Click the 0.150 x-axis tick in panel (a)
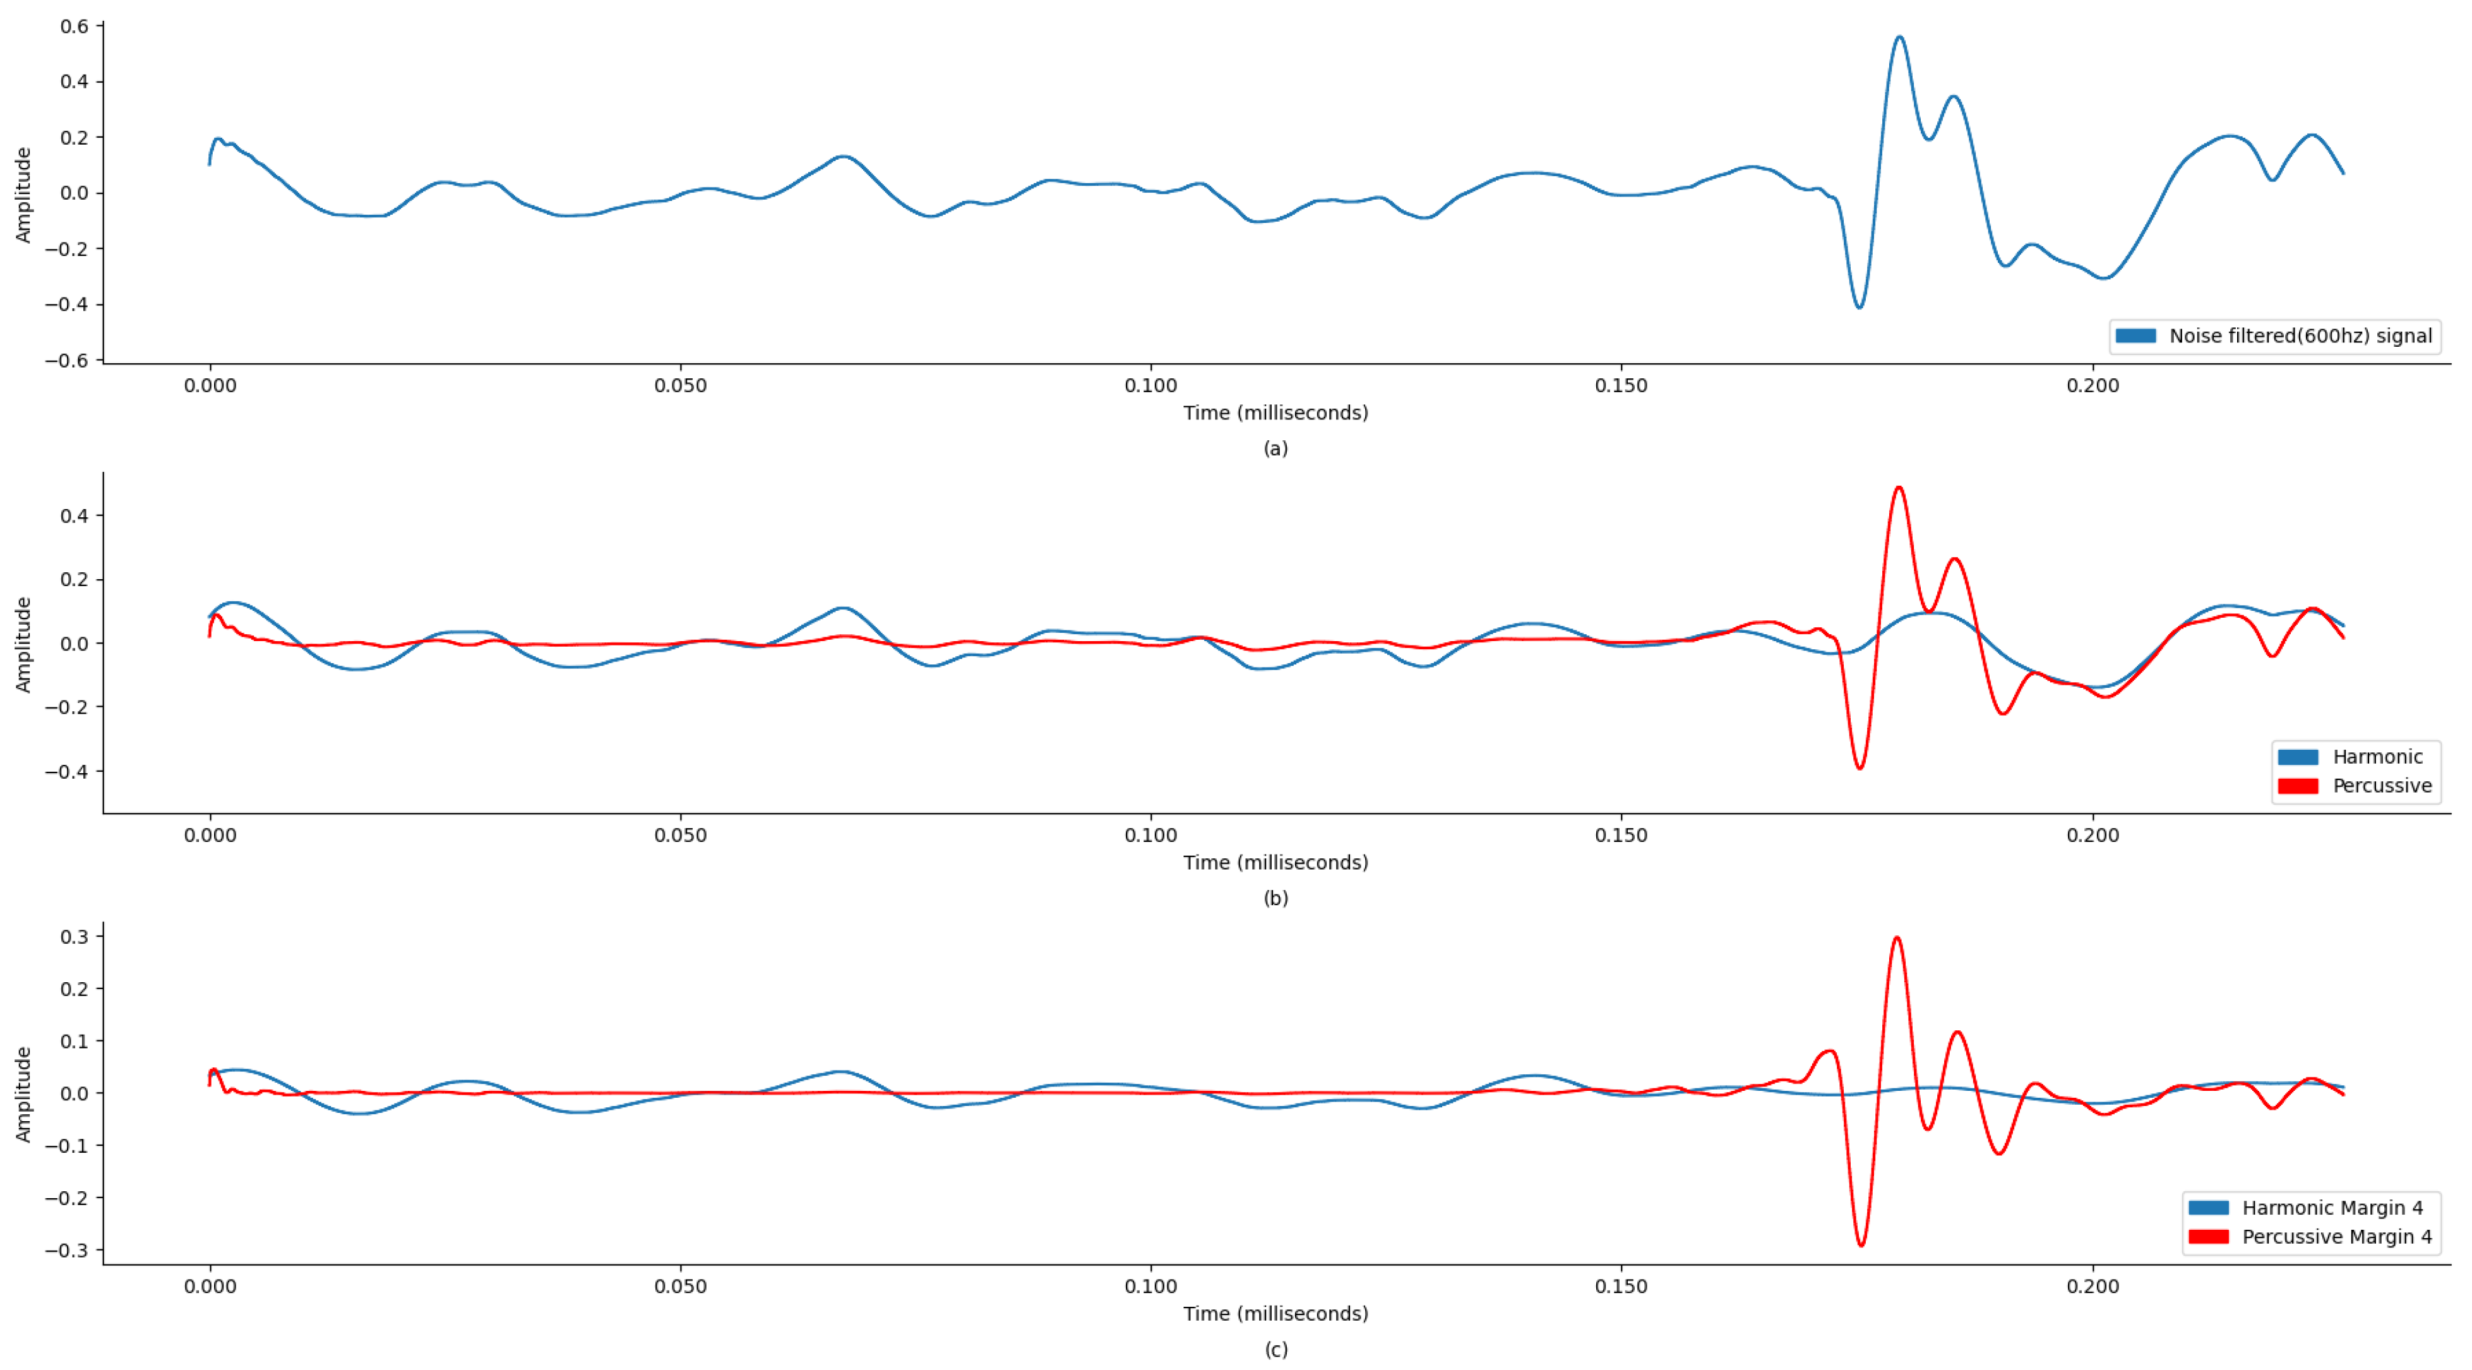1621,386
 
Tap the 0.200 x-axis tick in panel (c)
2093,1287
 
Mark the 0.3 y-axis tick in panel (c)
75,937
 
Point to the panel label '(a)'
1275,448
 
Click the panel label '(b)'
1275,899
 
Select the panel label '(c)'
1275,1350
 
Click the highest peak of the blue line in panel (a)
1899,37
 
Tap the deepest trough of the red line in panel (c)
1861,1245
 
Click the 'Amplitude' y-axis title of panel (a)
23,195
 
